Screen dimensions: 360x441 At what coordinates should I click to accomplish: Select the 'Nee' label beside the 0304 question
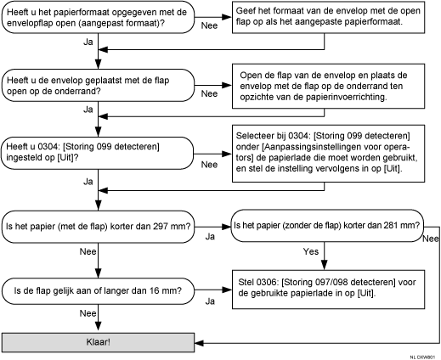click(x=208, y=165)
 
